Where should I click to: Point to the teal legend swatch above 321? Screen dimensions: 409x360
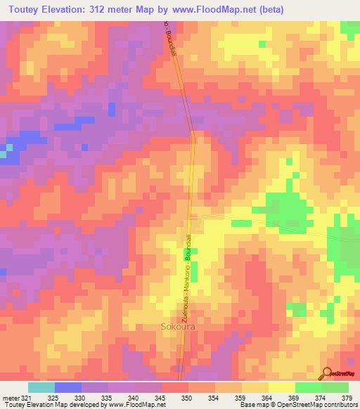click(41, 387)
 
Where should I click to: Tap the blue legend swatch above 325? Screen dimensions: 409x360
click(68, 387)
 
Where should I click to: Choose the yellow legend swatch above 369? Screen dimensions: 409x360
click(281, 387)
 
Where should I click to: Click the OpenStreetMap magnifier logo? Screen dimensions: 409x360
click(327, 372)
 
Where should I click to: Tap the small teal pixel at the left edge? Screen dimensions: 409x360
click(8, 149)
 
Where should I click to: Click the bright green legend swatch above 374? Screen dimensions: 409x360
click(308, 387)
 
